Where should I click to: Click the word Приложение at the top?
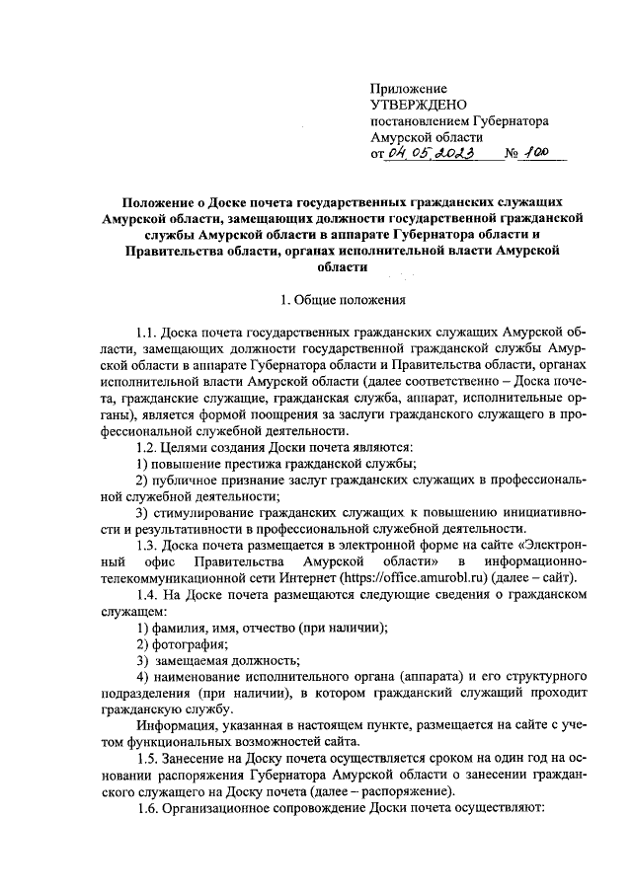(x=408, y=89)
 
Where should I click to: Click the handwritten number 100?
(x=537, y=153)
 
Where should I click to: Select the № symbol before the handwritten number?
(x=512, y=155)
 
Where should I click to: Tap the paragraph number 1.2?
(x=147, y=446)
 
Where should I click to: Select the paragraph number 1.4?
(x=147, y=596)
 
